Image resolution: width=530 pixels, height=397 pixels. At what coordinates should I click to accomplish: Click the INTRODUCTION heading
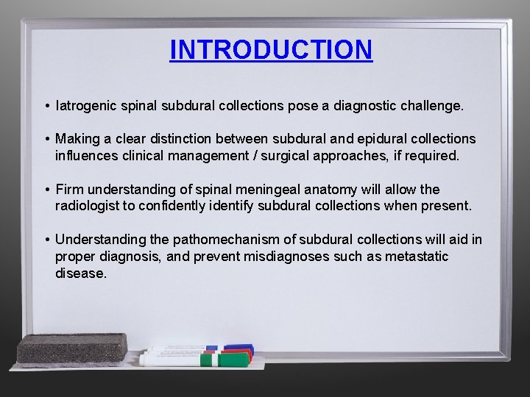tap(271, 50)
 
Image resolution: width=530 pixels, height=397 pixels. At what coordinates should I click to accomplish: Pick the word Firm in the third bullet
tap(69, 190)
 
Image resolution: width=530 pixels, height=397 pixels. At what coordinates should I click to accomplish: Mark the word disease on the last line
tap(81, 273)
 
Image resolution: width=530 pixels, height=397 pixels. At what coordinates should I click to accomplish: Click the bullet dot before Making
tap(46, 139)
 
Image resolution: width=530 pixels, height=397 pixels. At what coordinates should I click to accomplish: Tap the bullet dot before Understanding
tap(46, 240)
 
